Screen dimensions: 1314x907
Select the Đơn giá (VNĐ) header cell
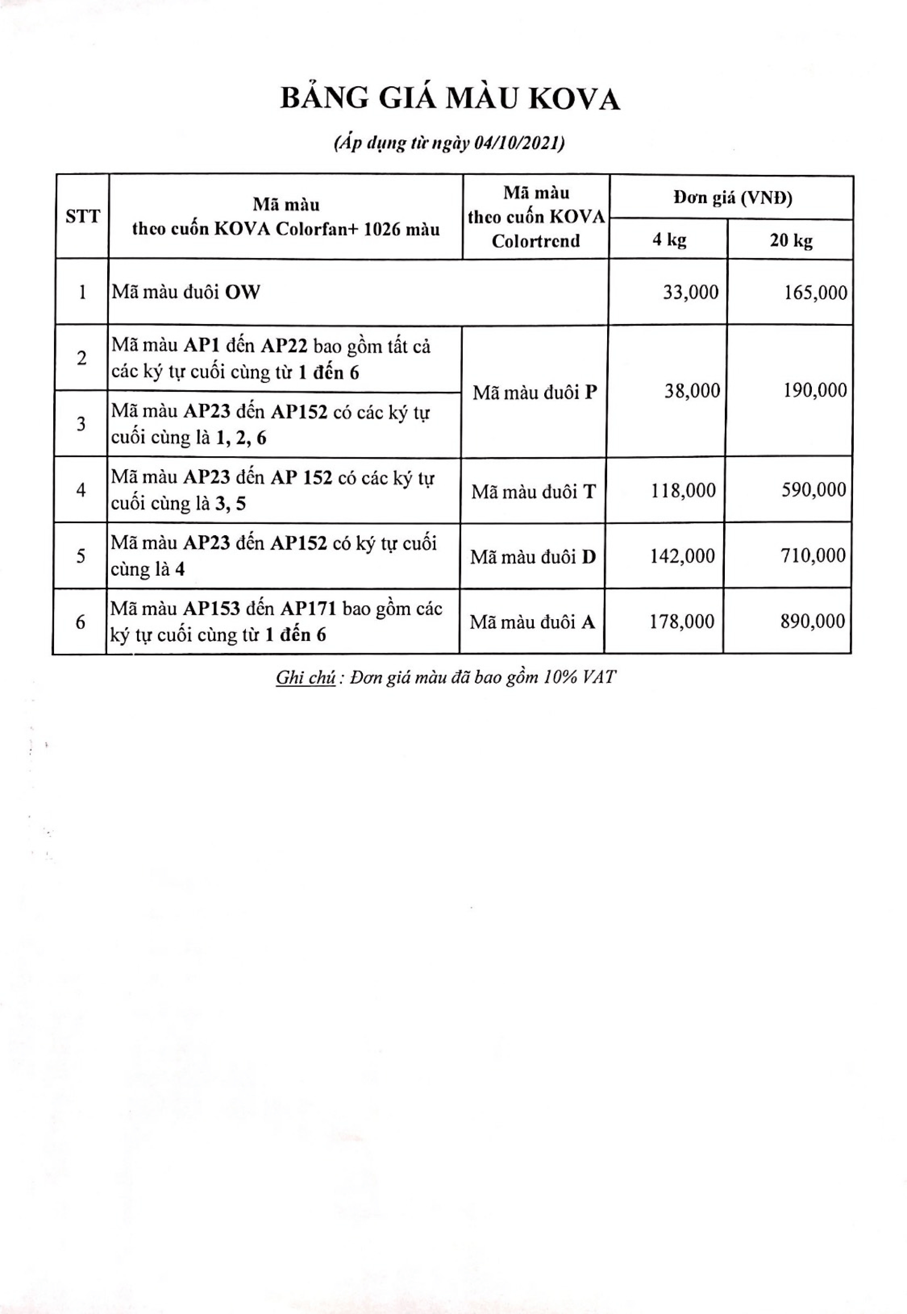pos(733,198)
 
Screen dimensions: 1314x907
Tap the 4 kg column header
pos(669,240)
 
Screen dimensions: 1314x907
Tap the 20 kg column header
pos(791,241)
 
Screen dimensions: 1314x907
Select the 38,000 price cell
pos(692,391)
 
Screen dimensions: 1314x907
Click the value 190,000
pos(815,391)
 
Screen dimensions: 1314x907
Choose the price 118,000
pos(683,490)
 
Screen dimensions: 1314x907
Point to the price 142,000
pos(682,555)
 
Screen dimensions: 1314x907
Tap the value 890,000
pos(813,621)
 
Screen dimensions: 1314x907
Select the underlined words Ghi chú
pos(305,678)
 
